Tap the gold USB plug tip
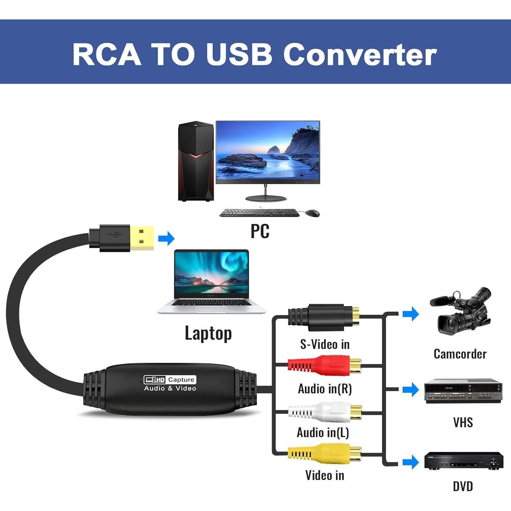[x=141, y=238]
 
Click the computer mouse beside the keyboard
[x=312, y=213]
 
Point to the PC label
[x=260, y=231]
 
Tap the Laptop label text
[x=208, y=333]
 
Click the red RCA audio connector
[x=324, y=365]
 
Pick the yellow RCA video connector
[x=324, y=453]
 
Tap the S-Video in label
[x=325, y=344]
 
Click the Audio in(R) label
[x=325, y=389]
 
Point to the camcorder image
[x=460, y=312]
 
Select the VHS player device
[x=463, y=391]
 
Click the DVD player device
[x=463, y=461]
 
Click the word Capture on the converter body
[x=181, y=380]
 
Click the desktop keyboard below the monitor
[x=259, y=213]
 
